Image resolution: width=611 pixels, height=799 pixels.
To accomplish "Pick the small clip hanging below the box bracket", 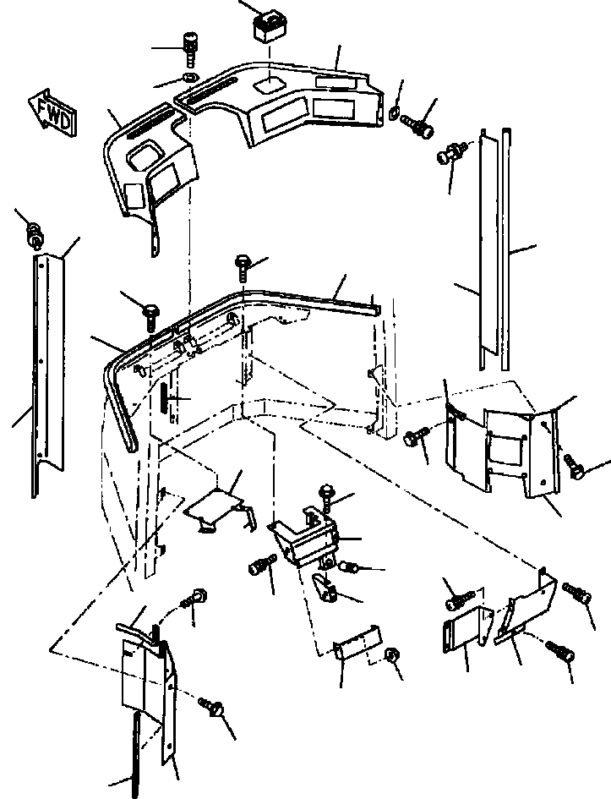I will (325, 586).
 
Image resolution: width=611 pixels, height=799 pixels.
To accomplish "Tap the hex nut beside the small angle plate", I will (391, 655).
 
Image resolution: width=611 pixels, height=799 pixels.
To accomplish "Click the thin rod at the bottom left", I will (136, 752).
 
